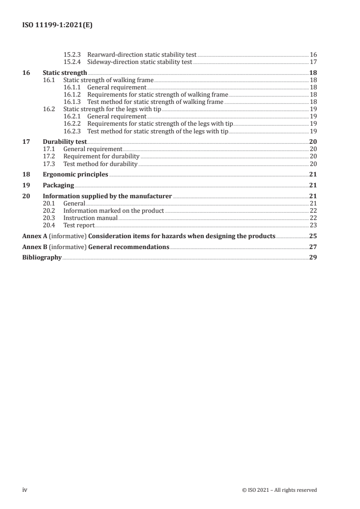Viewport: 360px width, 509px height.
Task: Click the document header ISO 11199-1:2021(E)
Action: click(x=58, y=26)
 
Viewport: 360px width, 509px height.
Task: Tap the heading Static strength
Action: click(x=64, y=73)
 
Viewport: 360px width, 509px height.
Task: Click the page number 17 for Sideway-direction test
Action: click(x=313, y=62)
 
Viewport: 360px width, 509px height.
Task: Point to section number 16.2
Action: click(x=49, y=109)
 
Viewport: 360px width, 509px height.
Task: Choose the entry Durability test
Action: click(x=64, y=142)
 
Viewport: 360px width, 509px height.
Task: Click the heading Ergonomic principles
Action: click(x=75, y=174)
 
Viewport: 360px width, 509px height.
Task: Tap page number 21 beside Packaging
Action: click(x=313, y=185)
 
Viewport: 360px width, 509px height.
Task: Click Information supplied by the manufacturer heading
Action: click(x=107, y=196)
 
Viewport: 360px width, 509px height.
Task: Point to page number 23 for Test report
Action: click(x=313, y=225)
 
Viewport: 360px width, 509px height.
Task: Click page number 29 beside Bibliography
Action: click(x=313, y=258)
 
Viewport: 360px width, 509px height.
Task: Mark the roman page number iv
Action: click(x=25, y=489)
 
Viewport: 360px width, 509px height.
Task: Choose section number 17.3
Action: click(x=49, y=164)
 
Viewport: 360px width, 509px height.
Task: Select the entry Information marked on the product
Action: click(x=113, y=210)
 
